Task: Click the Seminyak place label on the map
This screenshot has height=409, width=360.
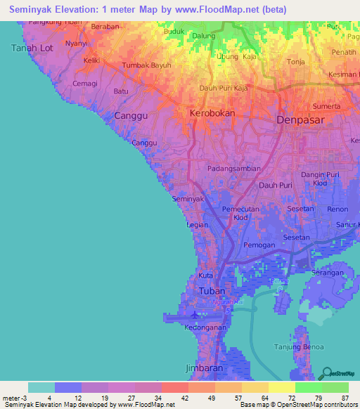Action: [188, 199]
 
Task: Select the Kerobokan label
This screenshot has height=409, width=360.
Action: [212, 112]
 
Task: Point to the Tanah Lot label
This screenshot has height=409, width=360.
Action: [32, 48]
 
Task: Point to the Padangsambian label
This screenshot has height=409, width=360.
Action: [234, 169]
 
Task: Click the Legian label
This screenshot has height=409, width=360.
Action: [197, 226]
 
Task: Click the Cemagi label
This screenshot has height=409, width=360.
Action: [85, 83]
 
